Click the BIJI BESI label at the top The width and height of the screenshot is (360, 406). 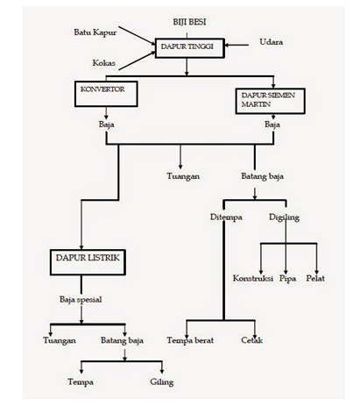[189, 22]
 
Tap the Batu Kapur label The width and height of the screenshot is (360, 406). [95, 32]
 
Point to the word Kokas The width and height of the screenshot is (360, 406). [104, 63]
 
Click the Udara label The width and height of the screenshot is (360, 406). [272, 42]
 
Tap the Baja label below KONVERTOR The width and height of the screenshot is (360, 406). [106, 125]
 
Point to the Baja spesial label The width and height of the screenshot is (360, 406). [81, 300]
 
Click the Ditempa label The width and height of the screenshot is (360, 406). [226, 217]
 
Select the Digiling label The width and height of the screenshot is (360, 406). [284, 217]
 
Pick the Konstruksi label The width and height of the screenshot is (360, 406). [253, 278]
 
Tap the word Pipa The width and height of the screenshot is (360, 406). [287, 279]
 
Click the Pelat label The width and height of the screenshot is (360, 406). [315, 278]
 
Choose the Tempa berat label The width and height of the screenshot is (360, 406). [190, 340]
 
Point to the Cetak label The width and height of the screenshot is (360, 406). [252, 340]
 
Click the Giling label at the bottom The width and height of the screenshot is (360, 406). [162, 382]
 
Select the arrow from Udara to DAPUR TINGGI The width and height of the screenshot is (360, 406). [236, 45]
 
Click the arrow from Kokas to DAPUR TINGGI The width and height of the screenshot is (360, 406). [137, 61]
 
